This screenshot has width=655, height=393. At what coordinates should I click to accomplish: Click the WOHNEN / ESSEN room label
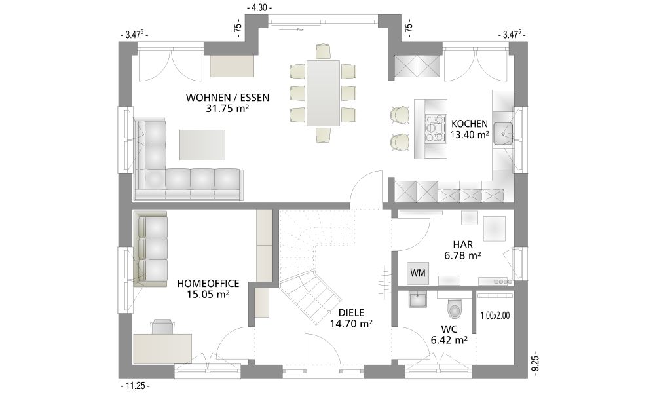click(x=228, y=98)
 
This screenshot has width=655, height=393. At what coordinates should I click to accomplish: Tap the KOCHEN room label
click(x=470, y=124)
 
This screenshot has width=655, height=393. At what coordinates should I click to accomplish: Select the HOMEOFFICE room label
click(x=208, y=284)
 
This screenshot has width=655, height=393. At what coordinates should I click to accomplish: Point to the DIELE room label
click(x=351, y=313)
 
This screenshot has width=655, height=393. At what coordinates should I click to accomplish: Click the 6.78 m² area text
click(x=462, y=255)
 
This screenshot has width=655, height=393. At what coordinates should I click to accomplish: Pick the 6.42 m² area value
click(x=449, y=339)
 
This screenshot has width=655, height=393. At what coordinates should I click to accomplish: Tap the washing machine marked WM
click(x=418, y=273)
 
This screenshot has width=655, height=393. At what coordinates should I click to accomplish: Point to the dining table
click(x=324, y=92)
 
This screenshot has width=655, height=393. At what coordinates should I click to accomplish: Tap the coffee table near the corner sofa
click(x=202, y=145)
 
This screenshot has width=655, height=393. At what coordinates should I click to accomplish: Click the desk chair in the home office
click(x=162, y=327)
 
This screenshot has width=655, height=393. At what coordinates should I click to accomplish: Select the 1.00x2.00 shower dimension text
click(x=495, y=316)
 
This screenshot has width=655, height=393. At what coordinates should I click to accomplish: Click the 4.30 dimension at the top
click(x=259, y=7)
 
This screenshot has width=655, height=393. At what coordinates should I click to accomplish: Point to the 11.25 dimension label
click(x=134, y=386)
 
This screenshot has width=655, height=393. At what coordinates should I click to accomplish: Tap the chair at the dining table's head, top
click(x=324, y=51)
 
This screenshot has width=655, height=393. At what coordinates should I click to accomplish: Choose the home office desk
click(x=163, y=348)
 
